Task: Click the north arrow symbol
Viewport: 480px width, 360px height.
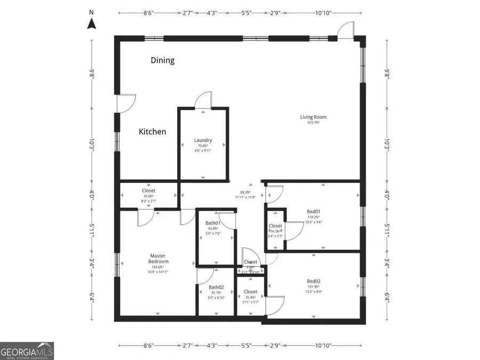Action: pos(91,23)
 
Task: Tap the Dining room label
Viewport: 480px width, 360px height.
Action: pos(162,60)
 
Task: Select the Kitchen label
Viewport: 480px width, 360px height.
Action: pos(153,131)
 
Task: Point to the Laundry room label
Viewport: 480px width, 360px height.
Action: pos(203,141)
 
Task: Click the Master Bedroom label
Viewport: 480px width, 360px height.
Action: pos(158,259)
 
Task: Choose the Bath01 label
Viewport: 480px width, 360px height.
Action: pos(213,223)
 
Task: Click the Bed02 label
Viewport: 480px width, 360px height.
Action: pos(314,281)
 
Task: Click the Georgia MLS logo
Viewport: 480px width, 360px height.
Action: pos(27,350)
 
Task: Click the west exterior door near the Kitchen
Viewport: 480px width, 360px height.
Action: pos(126,103)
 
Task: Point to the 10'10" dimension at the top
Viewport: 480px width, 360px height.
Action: pos(322,12)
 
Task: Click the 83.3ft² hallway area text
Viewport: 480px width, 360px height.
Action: pos(246,193)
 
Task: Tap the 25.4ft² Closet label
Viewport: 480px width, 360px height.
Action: pos(251,297)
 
